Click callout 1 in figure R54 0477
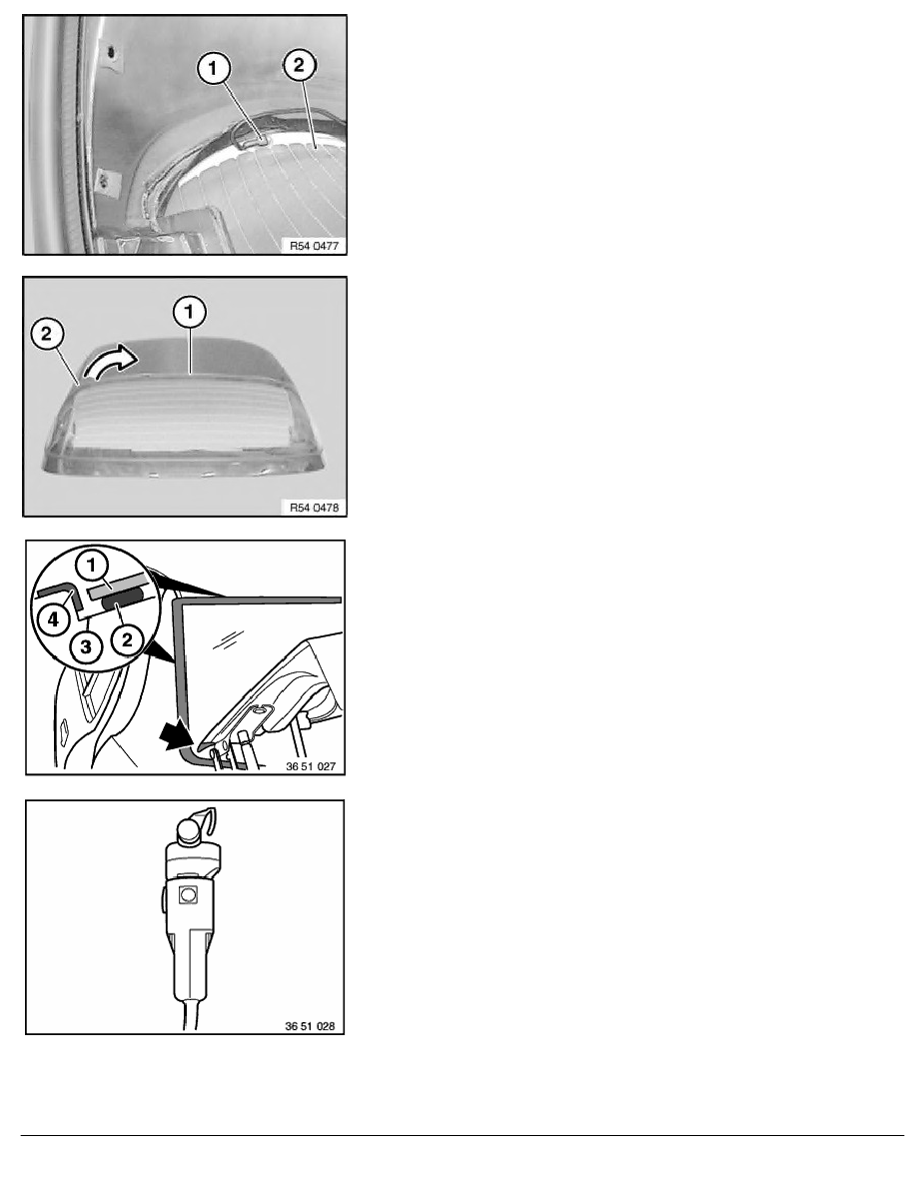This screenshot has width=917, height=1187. (x=213, y=68)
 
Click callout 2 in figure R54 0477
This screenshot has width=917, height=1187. (x=299, y=64)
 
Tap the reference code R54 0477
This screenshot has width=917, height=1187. (x=314, y=246)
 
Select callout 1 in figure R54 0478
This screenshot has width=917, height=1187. (x=189, y=311)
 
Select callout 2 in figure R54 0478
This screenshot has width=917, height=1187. (x=47, y=334)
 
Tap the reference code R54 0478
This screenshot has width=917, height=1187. (x=314, y=508)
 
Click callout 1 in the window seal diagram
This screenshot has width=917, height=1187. (x=92, y=565)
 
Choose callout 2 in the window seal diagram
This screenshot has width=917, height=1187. (x=126, y=640)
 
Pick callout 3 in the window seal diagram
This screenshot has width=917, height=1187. (x=86, y=647)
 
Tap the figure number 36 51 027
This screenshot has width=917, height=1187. (x=311, y=766)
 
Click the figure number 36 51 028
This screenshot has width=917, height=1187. (x=310, y=1026)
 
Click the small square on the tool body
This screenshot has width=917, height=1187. (x=187, y=895)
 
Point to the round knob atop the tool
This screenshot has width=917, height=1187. (x=189, y=831)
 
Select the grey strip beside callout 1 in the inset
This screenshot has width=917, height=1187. (x=119, y=580)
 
